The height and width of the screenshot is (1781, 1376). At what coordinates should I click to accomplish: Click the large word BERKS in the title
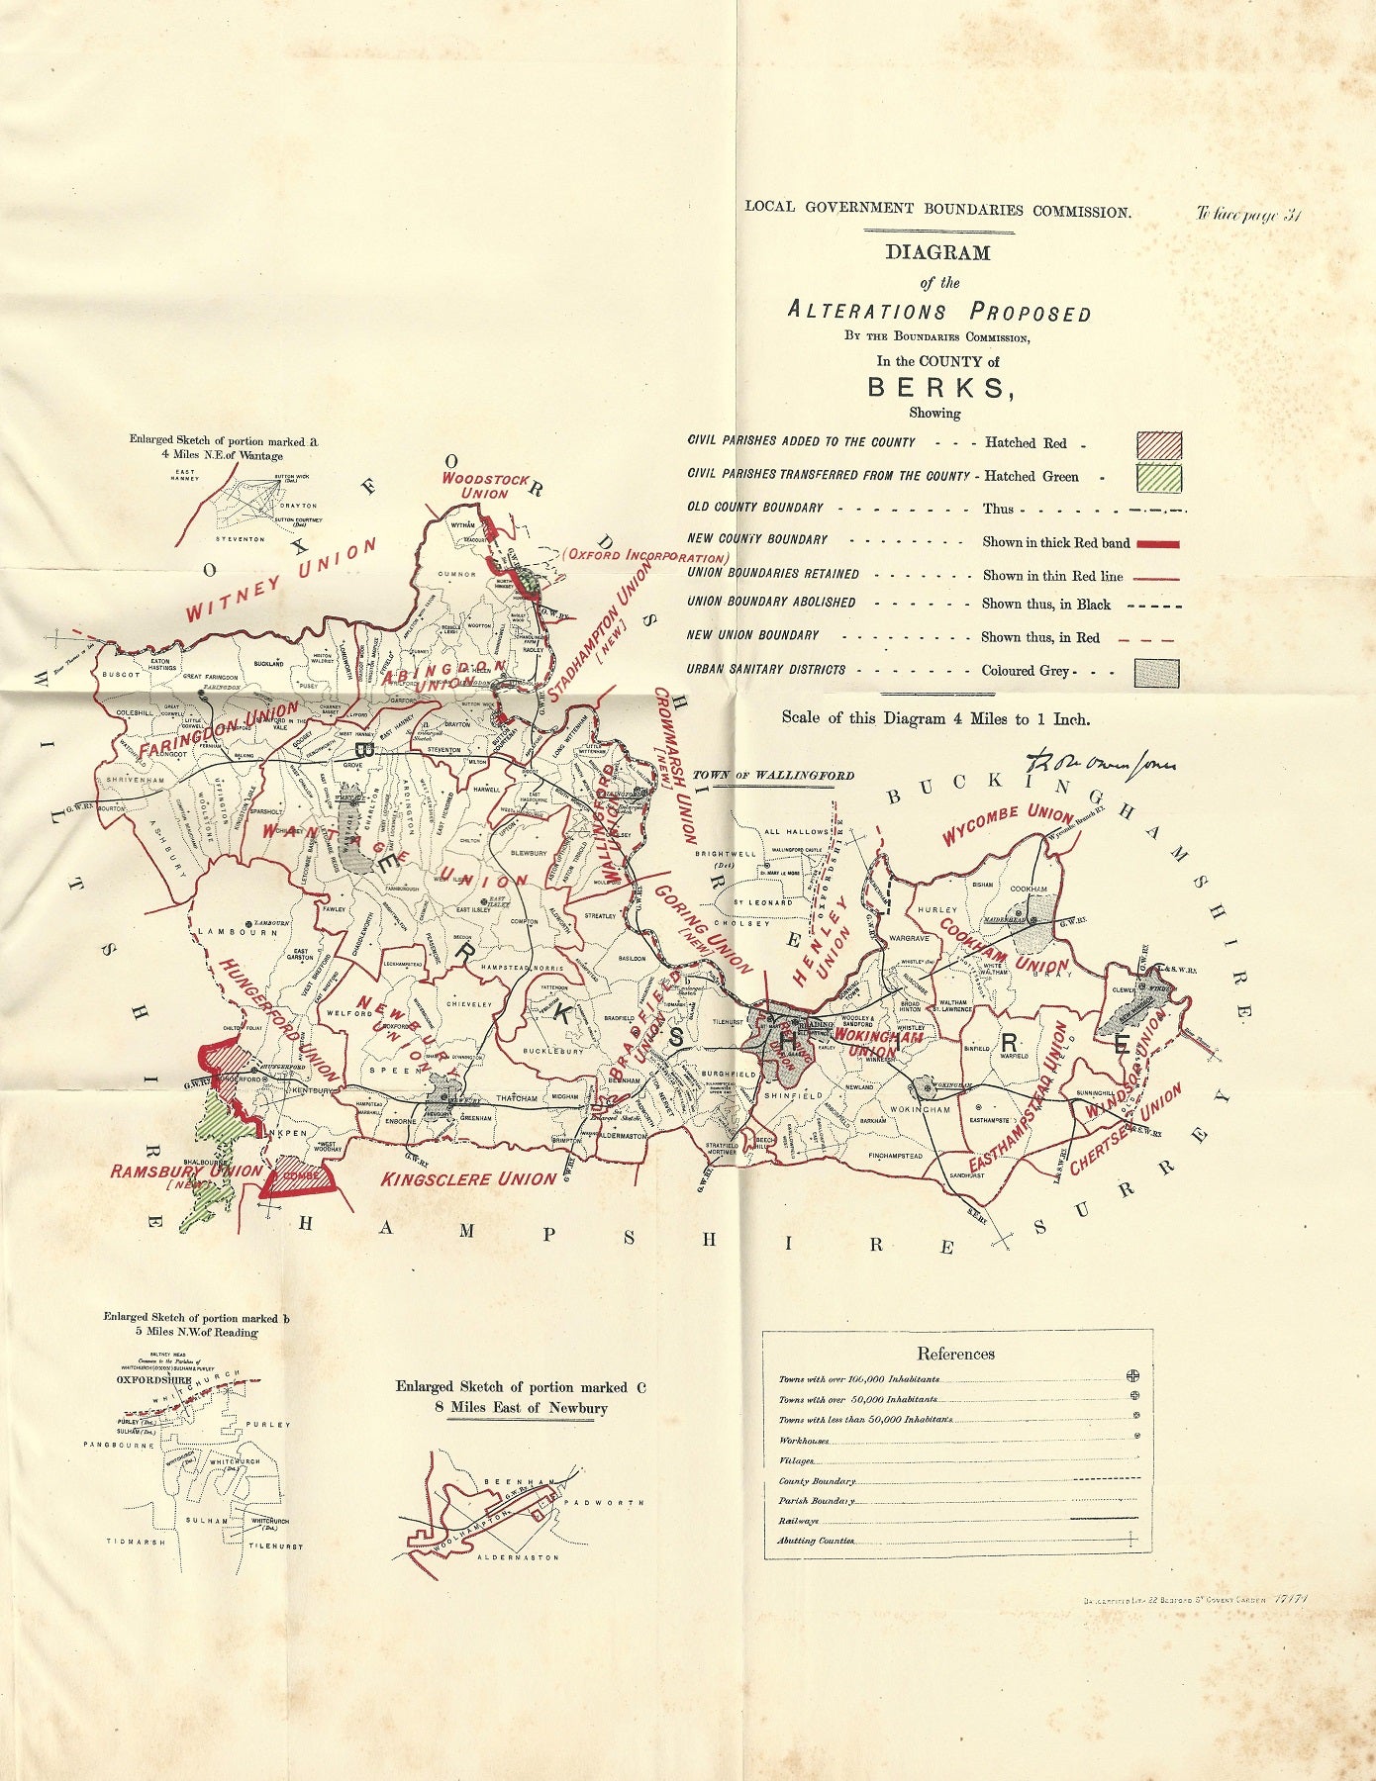point(940,388)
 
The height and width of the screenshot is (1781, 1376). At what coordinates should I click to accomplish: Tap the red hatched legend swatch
point(1158,444)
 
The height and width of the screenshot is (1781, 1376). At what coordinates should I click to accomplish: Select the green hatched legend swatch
point(1158,477)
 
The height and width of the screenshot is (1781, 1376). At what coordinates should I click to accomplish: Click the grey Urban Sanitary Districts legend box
point(1158,673)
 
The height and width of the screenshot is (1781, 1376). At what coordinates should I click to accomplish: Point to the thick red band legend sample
point(1157,543)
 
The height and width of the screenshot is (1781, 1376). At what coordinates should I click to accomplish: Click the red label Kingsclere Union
point(469,1179)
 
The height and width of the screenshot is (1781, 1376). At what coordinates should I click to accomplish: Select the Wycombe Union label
point(1007,823)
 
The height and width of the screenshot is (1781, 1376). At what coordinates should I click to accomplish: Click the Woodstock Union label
point(485,486)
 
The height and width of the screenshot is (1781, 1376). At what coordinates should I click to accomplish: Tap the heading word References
point(955,1354)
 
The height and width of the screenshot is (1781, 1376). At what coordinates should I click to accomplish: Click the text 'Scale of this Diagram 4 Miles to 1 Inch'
point(935,718)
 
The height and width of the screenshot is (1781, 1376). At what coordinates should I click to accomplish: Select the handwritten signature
point(1100,764)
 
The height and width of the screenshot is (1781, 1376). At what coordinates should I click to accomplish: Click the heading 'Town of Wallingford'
point(772,775)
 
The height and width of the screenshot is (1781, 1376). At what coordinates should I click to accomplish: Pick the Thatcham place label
point(516,1098)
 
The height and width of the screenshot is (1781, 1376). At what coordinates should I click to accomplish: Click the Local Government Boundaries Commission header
point(936,210)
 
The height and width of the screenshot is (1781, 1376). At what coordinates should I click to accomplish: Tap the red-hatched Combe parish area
point(299,1174)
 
